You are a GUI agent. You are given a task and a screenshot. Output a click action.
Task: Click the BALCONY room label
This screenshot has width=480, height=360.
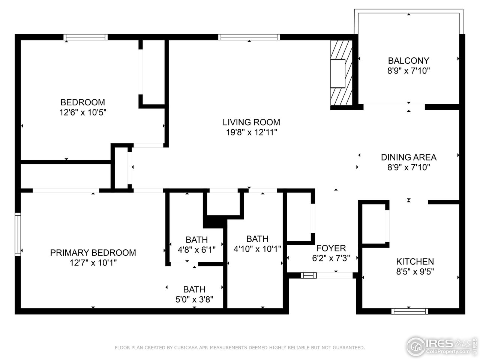click(x=408, y=60)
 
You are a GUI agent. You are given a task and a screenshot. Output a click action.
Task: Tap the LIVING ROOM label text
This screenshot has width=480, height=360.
click(x=251, y=122)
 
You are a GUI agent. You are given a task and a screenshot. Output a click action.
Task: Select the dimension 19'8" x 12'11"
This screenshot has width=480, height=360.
click(x=251, y=132)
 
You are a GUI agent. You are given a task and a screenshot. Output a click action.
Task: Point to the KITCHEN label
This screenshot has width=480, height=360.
click(x=415, y=261)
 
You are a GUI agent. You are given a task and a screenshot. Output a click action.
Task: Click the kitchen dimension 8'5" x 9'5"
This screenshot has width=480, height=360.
click(x=415, y=271)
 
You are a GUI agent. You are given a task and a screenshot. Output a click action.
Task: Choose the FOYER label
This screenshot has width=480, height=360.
click(x=331, y=248)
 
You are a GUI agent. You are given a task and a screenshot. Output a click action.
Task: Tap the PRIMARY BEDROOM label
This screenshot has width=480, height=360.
click(x=93, y=252)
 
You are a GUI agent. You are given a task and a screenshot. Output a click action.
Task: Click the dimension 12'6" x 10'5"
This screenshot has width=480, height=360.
click(x=82, y=112)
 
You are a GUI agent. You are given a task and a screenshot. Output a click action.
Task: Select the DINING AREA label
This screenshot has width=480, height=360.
click(x=408, y=157)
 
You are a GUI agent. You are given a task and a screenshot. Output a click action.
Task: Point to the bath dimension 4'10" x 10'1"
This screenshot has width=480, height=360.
click(x=257, y=249)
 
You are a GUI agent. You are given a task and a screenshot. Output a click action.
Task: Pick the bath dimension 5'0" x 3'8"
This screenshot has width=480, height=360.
click(x=194, y=299)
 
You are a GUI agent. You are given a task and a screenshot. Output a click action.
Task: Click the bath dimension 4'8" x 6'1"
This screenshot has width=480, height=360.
click(x=196, y=250)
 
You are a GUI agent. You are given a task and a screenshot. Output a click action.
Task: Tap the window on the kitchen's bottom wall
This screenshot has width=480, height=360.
click(x=409, y=311)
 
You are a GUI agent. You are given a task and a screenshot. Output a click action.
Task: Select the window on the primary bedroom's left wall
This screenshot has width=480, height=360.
click(x=18, y=234)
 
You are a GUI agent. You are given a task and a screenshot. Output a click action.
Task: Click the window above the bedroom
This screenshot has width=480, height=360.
click(x=85, y=37)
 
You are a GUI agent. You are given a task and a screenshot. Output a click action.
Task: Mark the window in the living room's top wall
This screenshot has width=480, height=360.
click(x=249, y=37)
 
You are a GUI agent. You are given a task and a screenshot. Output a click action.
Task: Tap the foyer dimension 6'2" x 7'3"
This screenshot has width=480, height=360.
click(x=331, y=258)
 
